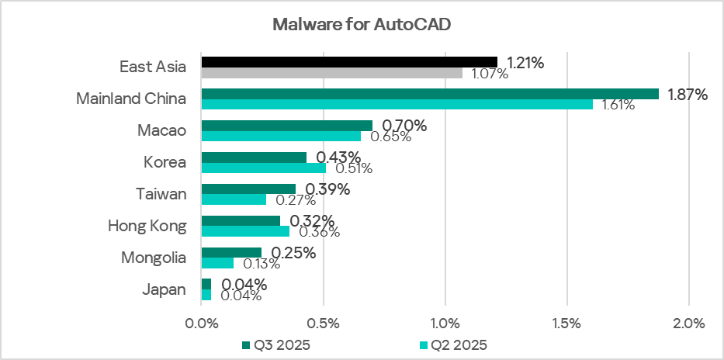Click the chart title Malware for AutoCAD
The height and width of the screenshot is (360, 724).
click(x=362, y=24)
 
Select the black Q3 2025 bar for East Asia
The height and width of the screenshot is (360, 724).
click(x=349, y=61)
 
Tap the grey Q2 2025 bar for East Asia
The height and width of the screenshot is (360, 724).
click(x=331, y=73)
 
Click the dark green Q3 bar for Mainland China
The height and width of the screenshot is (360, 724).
click(x=430, y=94)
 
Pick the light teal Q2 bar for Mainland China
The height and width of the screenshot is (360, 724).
click(x=397, y=105)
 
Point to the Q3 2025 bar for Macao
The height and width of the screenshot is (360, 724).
click(x=286, y=126)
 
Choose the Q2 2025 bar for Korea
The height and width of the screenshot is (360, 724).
click(x=264, y=168)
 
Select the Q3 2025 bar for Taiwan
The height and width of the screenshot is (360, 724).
click(x=248, y=189)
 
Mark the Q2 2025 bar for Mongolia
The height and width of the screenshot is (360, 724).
click(x=217, y=263)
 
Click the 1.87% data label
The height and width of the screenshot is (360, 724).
click(x=688, y=95)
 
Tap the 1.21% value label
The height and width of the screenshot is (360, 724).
click(x=525, y=63)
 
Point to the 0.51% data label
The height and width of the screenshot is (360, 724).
click(x=354, y=168)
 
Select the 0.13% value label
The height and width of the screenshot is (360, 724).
click(x=261, y=264)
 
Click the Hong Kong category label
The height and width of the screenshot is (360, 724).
click(x=147, y=226)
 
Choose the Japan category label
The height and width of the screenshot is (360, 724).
click(x=165, y=289)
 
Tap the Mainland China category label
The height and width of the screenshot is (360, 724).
click(x=131, y=99)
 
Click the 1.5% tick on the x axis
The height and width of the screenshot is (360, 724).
click(x=566, y=322)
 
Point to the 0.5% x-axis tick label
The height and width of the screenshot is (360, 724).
click(x=323, y=322)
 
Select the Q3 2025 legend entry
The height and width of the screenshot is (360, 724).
click(x=275, y=344)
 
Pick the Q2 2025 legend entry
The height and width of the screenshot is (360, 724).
click(x=453, y=344)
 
